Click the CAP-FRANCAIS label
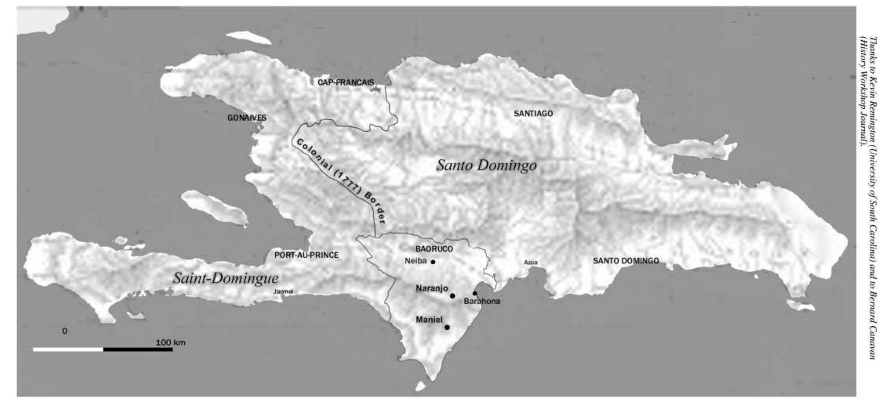pyautogui.click(x=346, y=83)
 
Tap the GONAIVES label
pyautogui.click(x=247, y=118)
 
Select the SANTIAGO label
pyautogui.click(x=533, y=113)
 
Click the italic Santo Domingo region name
pyautogui.click(x=486, y=165)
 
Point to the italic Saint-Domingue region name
pyautogui.click(x=226, y=278)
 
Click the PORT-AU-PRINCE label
pyautogui.click(x=306, y=255)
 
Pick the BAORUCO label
pyautogui.click(x=434, y=249)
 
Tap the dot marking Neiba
pyautogui.click(x=433, y=262)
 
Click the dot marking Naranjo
pyautogui.click(x=452, y=296)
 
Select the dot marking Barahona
pyautogui.click(x=475, y=293)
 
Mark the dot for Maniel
pyautogui.click(x=447, y=327)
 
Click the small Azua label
pyautogui.click(x=530, y=262)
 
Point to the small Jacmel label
pyautogui.click(x=283, y=292)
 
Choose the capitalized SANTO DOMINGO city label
pyautogui.click(x=626, y=261)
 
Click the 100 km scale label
pyautogui.click(x=171, y=343)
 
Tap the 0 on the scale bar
pyautogui.click(x=65, y=331)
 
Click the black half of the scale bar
pyautogui.click(x=138, y=349)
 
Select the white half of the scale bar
pyautogui.click(x=68, y=349)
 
